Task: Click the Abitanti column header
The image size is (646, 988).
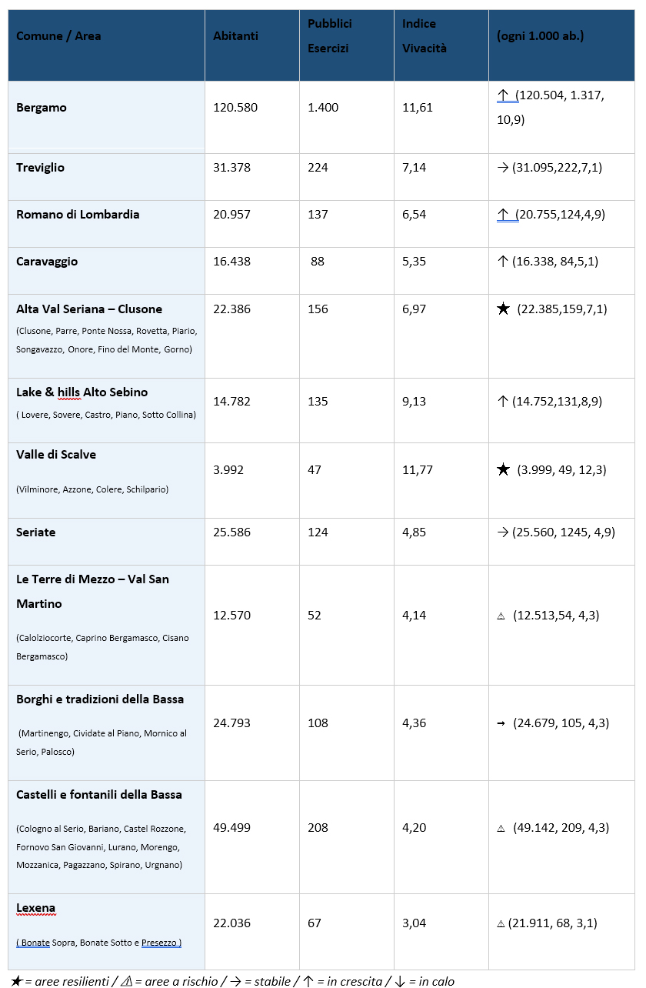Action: click(235, 36)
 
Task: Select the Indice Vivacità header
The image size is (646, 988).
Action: click(424, 36)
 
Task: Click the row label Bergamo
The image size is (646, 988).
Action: click(42, 108)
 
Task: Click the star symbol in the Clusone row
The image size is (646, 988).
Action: click(503, 309)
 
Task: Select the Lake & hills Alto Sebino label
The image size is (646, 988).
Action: click(82, 392)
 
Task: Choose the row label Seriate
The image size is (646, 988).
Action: click(35, 532)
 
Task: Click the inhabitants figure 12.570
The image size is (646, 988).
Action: click(231, 616)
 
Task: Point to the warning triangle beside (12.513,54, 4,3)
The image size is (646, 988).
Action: click(501, 616)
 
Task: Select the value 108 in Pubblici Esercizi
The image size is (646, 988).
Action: click(318, 723)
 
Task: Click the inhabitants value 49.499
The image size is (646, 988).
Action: click(231, 828)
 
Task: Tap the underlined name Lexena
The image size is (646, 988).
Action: click(35, 909)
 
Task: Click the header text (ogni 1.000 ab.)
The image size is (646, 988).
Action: click(541, 36)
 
